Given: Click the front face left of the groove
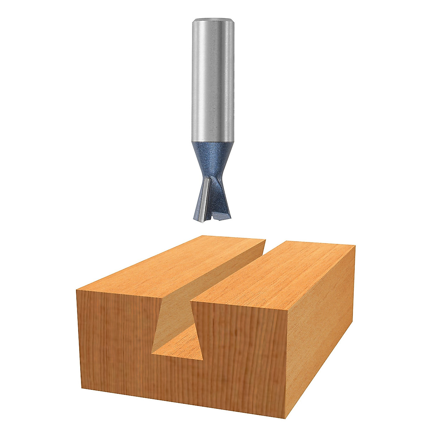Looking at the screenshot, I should (115, 344).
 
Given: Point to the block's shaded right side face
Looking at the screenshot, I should (322, 322).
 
